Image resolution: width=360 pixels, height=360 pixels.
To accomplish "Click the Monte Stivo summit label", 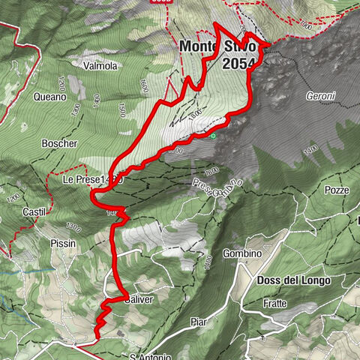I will coord(217,46).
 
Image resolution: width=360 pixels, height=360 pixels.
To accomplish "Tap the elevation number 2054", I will coord(239,65).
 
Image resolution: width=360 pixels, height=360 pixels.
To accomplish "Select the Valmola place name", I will coord(100,66).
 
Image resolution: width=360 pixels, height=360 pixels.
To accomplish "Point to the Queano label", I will coord(49,97).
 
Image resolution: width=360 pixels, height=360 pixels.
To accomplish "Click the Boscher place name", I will coord(60,143).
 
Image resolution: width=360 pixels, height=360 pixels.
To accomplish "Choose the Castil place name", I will coord(34,212).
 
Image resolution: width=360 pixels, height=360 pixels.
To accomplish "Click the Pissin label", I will coord(64,244).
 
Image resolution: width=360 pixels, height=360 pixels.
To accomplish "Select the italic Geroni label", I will coord(321,97).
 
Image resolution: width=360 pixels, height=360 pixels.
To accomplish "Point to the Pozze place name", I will coord(337,190).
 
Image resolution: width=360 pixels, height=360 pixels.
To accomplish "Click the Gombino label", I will coord(241,253).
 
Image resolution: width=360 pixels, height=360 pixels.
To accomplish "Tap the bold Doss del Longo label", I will coord(293,280).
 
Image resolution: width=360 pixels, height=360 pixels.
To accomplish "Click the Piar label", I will coord(198,323).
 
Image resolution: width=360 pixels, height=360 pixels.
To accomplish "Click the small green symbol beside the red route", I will coord(213,136).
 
